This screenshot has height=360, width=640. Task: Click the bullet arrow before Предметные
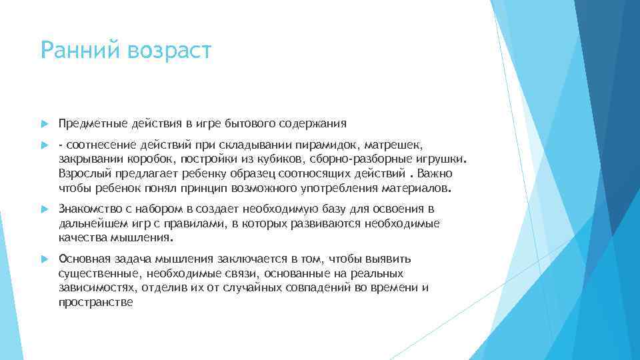coord(44,123)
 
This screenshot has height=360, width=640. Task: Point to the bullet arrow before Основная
coord(44,259)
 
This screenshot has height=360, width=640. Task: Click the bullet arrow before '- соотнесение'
coord(44,145)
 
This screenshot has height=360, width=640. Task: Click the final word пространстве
coord(96,302)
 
